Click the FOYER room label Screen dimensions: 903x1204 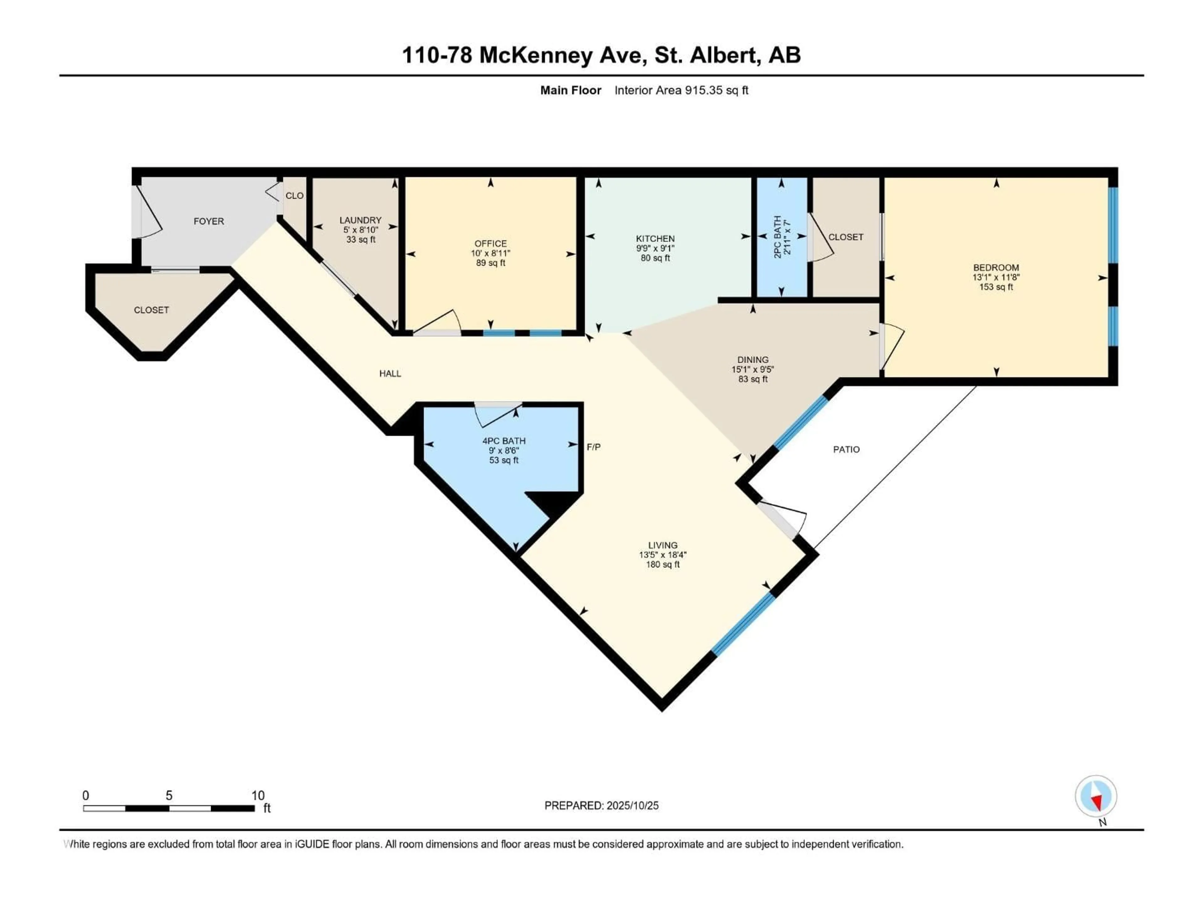(209, 221)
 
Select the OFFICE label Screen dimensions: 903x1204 (490, 243)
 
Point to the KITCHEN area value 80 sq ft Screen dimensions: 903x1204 (655, 258)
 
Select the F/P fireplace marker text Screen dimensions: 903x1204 (593, 447)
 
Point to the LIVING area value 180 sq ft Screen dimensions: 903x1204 (663, 564)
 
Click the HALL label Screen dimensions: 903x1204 (390, 373)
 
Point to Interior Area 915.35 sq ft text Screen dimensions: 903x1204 (681, 90)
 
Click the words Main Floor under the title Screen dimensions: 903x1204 (570, 90)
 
